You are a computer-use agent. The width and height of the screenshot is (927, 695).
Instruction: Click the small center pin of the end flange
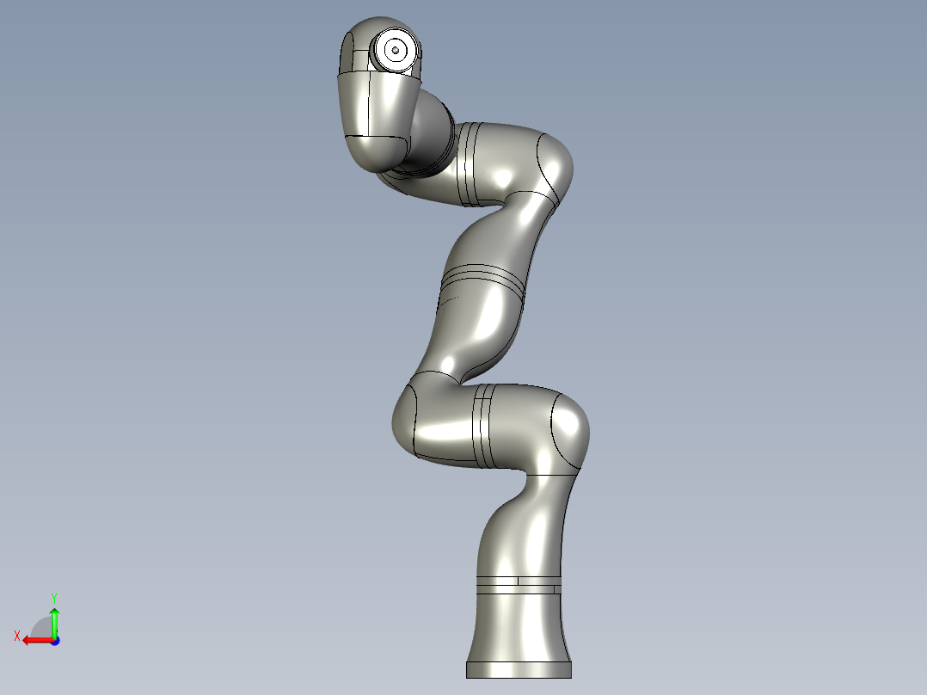pyautogui.click(x=395, y=51)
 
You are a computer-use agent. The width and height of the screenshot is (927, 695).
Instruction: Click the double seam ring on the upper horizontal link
pyautogui.click(x=468, y=165)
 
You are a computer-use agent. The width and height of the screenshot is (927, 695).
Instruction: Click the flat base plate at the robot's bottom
pyautogui.click(x=518, y=669)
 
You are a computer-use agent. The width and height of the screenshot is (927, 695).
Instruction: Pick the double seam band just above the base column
pyautogui.click(x=519, y=584)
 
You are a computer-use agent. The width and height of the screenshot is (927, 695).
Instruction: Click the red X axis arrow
pyautogui.click(x=37, y=640)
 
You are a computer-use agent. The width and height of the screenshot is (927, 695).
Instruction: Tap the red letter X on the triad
pyautogui.click(x=17, y=637)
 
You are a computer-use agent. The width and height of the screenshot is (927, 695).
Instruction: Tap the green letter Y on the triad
pyautogui.click(x=54, y=597)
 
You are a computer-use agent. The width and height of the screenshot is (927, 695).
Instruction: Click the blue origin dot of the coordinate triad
pyautogui.click(x=54, y=641)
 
